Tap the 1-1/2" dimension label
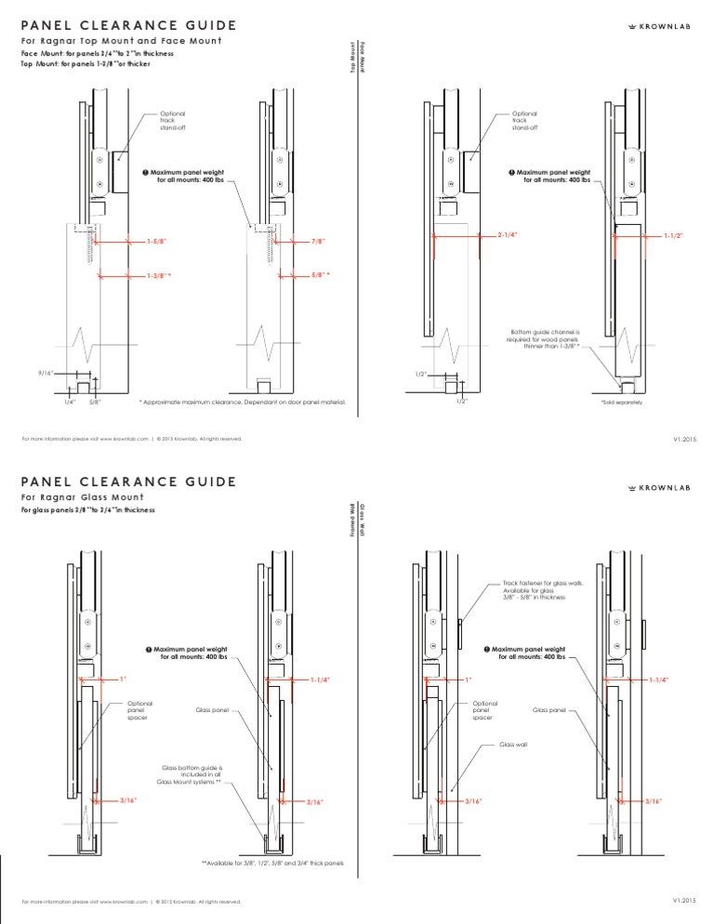pyautogui.click(x=673, y=236)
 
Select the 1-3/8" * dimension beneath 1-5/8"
pyautogui.click(x=160, y=275)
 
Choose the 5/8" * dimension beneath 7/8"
pyautogui.click(x=321, y=275)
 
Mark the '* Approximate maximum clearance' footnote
pyautogui.click(x=242, y=403)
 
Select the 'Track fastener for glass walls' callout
pyautogui.click(x=535, y=590)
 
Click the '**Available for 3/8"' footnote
pyautogui.click(x=273, y=863)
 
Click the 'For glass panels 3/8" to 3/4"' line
pyautogui.click(x=88, y=509)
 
